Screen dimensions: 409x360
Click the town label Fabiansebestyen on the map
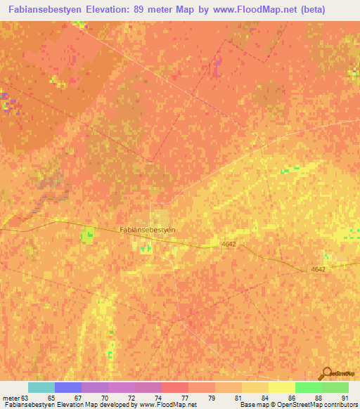click(147, 230)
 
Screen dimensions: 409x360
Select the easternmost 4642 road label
click(319, 269)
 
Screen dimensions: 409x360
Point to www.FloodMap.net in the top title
click(254, 8)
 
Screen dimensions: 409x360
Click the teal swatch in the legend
click(41, 387)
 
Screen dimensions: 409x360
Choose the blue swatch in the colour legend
click(68, 387)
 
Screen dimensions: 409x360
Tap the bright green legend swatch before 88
click(309, 387)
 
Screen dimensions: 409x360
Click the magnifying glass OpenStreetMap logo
click(326, 373)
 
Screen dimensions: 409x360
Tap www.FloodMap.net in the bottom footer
click(167, 405)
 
